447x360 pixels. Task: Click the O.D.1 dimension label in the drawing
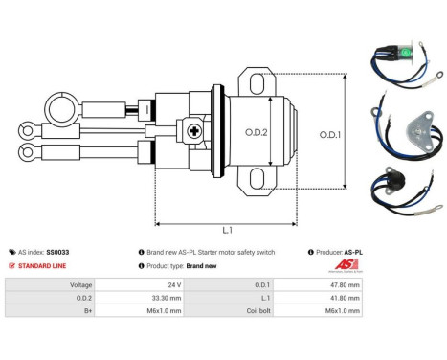pos(330,135)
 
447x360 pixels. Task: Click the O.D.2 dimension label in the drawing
pos(257,132)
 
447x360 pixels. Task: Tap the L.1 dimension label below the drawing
pos(227,230)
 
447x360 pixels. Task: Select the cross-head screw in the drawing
pos(194,131)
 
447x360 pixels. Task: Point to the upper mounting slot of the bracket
pos(257,84)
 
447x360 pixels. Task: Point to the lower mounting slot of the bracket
pos(257,178)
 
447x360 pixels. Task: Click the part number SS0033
pos(57,252)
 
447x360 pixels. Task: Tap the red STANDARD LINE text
pos(42,266)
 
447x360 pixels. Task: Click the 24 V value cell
pos(139,284)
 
